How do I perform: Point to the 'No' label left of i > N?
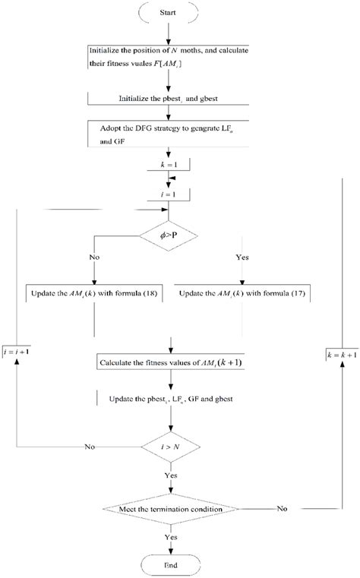[x=90, y=446]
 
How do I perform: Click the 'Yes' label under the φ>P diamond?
[x=242, y=257]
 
